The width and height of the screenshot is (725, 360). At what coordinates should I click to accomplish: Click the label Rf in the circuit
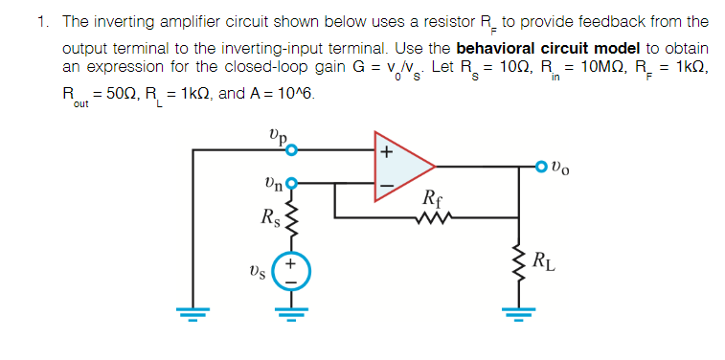431,202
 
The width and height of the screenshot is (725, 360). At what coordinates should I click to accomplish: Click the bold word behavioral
497,49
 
